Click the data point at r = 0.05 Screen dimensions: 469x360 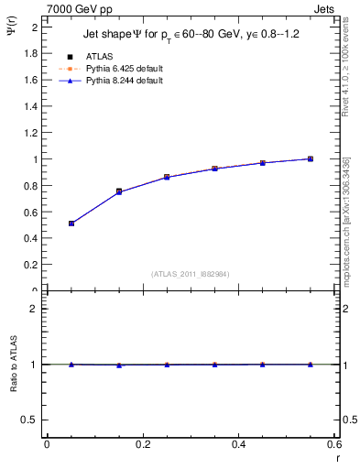(x=71, y=224)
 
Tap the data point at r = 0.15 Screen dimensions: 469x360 (x=119, y=191)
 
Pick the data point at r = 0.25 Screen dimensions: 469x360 (x=167, y=177)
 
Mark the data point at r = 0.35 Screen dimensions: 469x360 (x=214, y=169)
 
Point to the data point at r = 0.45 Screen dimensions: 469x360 (x=262, y=163)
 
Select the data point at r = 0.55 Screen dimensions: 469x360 (x=311, y=159)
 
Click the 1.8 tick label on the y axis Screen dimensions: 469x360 (x=30, y=53)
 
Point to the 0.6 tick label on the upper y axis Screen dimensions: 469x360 (x=30, y=212)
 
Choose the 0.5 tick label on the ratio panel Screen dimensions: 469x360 (x=30, y=420)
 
